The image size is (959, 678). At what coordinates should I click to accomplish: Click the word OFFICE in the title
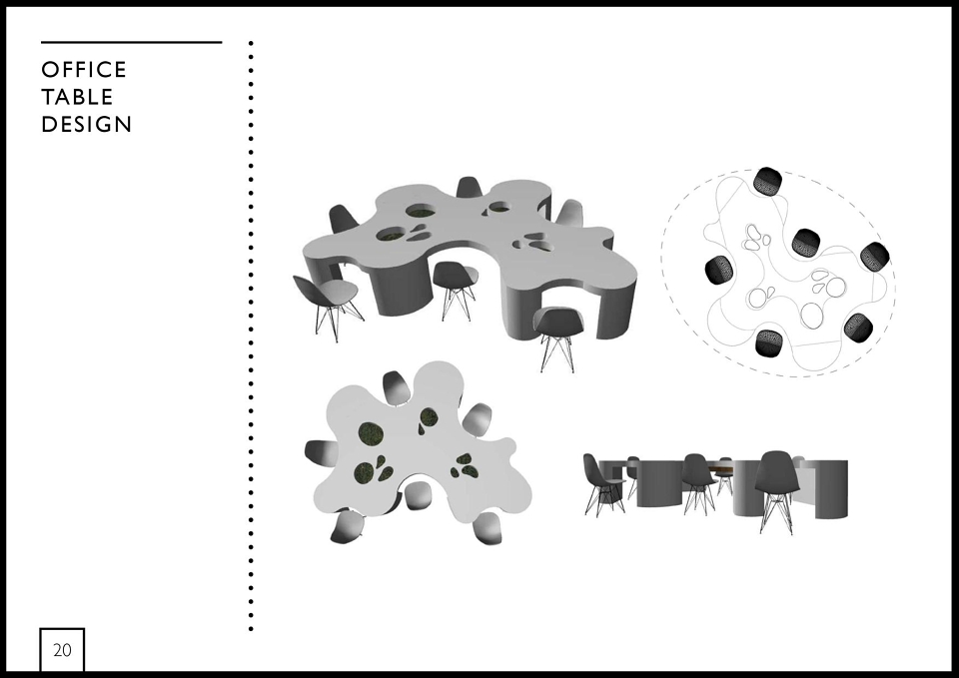(84, 70)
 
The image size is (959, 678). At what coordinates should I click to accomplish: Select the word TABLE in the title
(77, 97)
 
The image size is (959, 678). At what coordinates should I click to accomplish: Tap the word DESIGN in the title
(86, 125)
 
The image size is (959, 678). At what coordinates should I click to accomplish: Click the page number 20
(62, 650)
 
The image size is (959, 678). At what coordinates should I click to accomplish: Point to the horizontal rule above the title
(132, 42)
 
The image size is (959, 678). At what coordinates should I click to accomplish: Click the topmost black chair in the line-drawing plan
(767, 181)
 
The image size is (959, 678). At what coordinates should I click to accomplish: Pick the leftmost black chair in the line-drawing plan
(719, 270)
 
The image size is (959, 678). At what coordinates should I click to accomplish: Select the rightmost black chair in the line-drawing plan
(875, 257)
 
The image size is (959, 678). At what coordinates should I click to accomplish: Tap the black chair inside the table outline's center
(806, 244)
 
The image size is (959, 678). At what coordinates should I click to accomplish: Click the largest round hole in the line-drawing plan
(812, 315)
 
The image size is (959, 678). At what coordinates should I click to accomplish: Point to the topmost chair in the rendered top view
(396, 387)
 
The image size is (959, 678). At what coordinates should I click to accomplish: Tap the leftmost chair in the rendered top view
(320, 451)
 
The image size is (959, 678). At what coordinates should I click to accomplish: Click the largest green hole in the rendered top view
(371, 434)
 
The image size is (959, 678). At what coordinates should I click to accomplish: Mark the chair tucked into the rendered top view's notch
(419, 495)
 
